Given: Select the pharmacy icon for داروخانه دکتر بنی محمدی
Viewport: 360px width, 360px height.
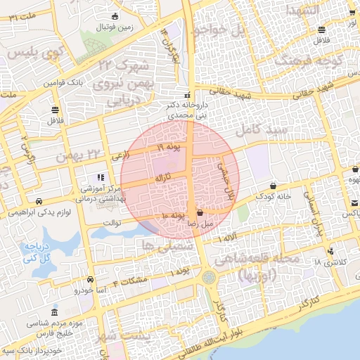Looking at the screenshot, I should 187,95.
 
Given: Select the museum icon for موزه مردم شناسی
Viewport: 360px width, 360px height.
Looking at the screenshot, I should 54,312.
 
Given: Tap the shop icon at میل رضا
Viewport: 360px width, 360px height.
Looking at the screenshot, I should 200,212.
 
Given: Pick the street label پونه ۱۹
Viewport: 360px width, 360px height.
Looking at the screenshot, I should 169,146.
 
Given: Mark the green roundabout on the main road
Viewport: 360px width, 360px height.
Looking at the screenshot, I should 209,278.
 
